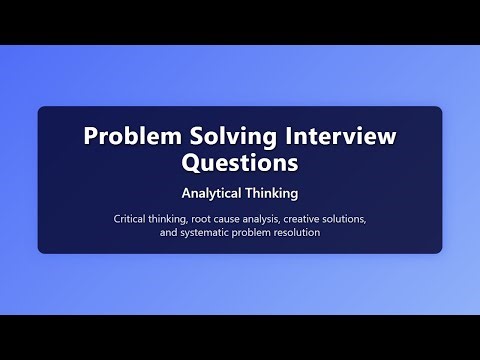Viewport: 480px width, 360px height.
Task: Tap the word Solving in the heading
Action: point(219,135)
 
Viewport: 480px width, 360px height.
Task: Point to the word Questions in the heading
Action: point(240,160)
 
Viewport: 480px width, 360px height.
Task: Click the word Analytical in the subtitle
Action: point(208,189)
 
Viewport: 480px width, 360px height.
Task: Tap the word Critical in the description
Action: point(131,218)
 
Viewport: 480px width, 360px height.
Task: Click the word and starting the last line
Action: point(168,233)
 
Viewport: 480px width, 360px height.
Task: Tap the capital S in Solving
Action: point(189,135)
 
